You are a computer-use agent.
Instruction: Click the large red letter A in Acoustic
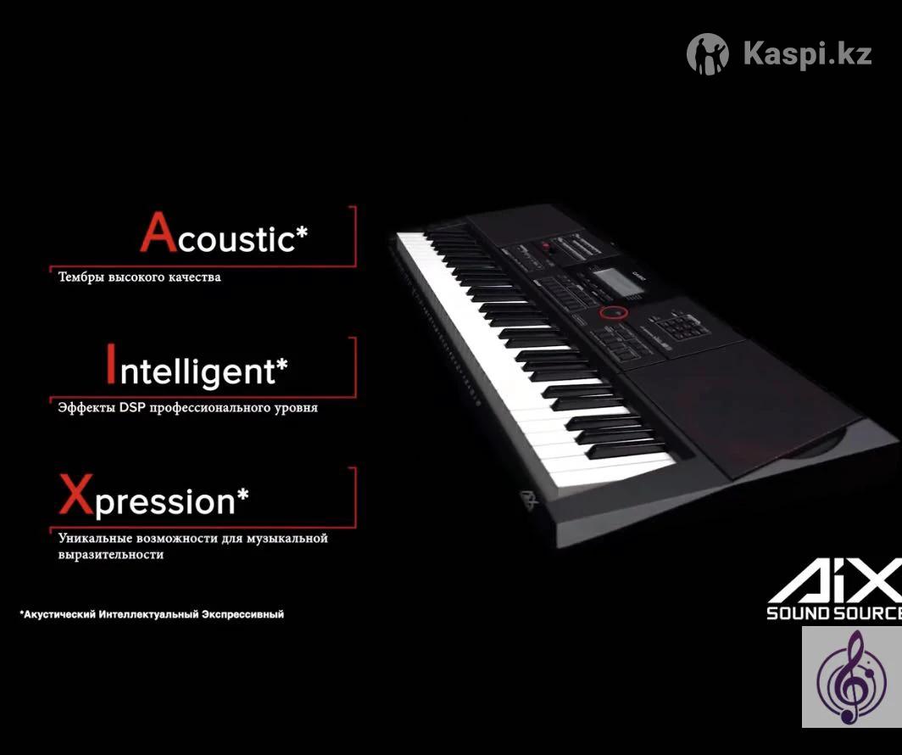159,232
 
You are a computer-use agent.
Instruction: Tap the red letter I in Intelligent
111,364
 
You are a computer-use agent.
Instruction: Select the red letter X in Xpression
76,494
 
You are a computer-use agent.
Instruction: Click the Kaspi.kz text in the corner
807,53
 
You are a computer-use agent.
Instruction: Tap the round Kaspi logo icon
708,54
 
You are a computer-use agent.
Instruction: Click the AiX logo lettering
835,580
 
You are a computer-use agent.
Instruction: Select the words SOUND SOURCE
834,612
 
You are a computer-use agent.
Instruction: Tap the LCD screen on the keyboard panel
614,281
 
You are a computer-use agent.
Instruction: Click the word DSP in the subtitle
133,407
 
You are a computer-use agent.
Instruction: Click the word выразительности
111,556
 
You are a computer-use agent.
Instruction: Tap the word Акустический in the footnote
58,614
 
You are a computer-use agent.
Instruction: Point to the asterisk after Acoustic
302,233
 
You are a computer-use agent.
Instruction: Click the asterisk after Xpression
242,494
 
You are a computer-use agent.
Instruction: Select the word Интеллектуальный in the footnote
148,614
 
